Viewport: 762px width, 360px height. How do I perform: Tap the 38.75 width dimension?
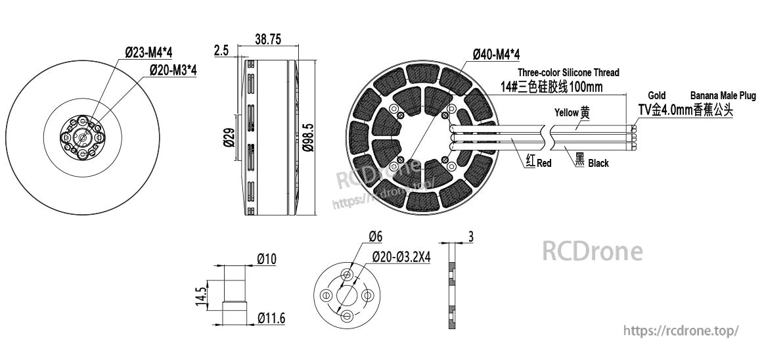pos(267,40)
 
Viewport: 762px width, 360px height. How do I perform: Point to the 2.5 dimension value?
pos(221,51)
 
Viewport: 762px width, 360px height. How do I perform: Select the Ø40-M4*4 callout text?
pos(496,54)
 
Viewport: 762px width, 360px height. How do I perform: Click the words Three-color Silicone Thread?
pos(568,72)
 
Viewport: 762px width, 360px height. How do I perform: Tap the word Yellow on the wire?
pos(566,112)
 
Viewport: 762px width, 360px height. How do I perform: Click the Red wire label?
pos(544,163)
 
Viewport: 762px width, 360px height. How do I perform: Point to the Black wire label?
pos(598,163)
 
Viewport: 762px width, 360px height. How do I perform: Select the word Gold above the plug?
pos(656,96)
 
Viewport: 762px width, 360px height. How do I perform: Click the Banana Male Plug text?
pos(723,96)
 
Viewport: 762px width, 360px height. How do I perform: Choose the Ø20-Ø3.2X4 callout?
pos(401,257)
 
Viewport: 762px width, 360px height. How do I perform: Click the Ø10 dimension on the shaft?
pos(266,259)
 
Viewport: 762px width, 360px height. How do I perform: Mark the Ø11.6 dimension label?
pos(271,319)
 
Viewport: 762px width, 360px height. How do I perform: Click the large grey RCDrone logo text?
pos(592,251)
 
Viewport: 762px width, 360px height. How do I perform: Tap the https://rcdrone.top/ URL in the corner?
pos(681,331)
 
